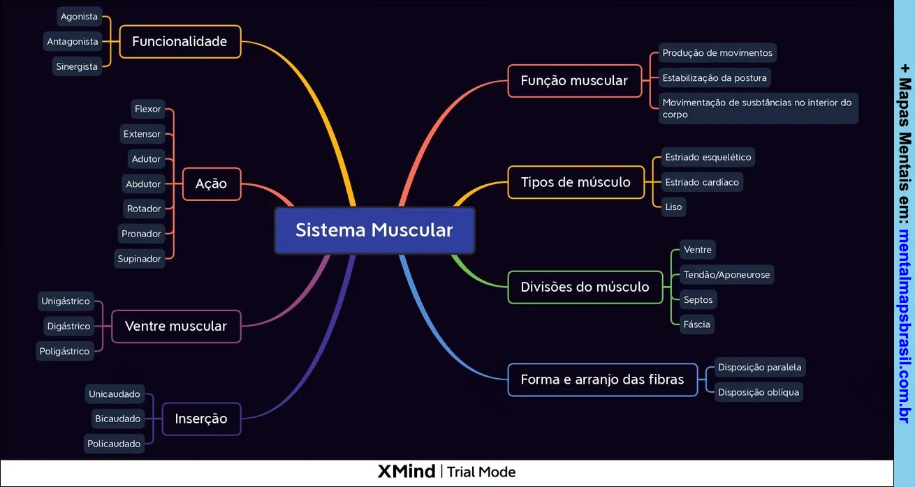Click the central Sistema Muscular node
pyautogui.click(x=374, y=230)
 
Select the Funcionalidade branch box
pyautogui.click(x=180, y=41)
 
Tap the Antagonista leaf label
pyautogui.click(x=73, y=42)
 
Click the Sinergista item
pyautogui.click(x=77, y=67)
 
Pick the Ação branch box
pyautogui.click(x=211, y=184)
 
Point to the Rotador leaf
pyautogui.click(x=144, y=209)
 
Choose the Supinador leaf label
pyautogui.click(x=140, y=259)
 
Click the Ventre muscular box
pyautogui.click(x=175, y=326)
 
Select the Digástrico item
pyautogui.click(x=68, y=326)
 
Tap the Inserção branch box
pyautogui.click(x=201, y=419)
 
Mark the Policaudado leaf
pyautogui.click(x=114, y=444)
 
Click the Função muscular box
pyautogui.click(x=574, y=81)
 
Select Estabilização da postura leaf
pyautogui.click(x=715, y=78)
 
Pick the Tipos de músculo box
pyautogui.click(x=576, y=182)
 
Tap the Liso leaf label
pyautogui.click(x=673, y=207)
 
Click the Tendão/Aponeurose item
pyautogui.click(x=726, y=275)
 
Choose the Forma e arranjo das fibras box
pyautogui.click(x=602, y=380)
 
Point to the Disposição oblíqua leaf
pyautogui.click(x=758, y=392)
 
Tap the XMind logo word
pyautogui.click(x=406, y=472)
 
